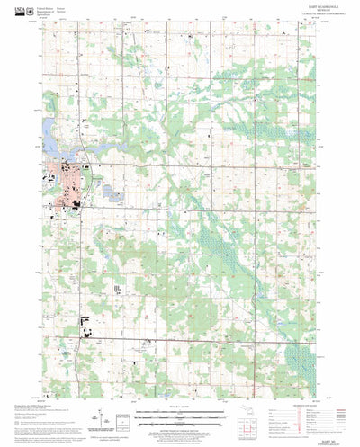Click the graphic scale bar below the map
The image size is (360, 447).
click(180, 416)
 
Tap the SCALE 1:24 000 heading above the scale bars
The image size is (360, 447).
click(180, 407)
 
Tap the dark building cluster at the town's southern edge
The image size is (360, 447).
click(76, 206)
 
